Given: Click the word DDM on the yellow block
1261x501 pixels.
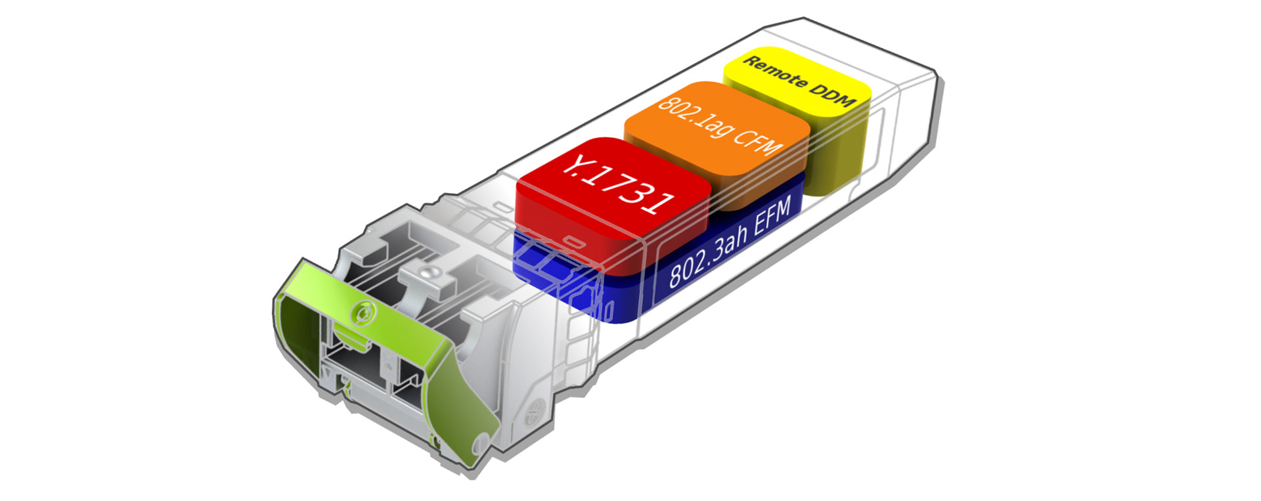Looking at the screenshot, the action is (x=833, y=93).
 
